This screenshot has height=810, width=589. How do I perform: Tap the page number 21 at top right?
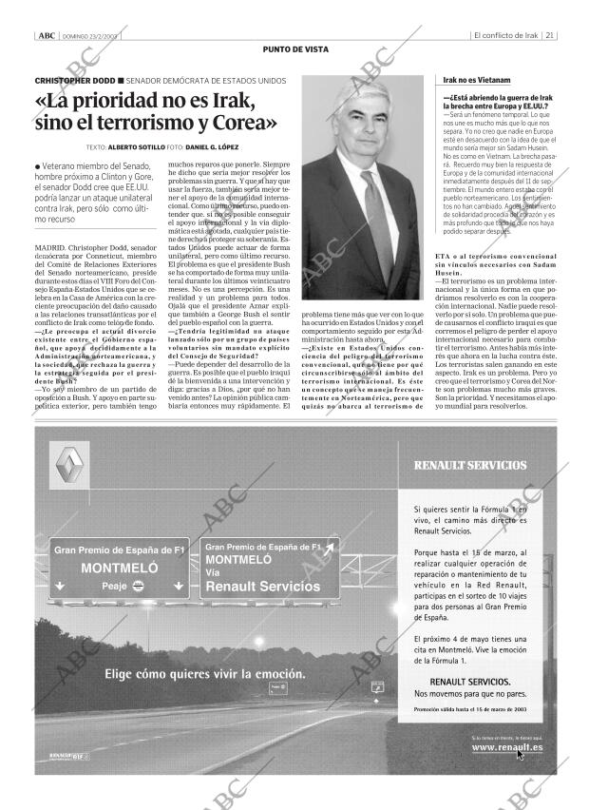tap(551, 35)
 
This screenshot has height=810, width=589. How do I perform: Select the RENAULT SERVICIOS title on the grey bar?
tap(470, 465)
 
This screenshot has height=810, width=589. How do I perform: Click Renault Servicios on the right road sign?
tap(263, 587)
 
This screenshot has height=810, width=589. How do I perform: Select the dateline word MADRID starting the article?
tap(50, 247)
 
